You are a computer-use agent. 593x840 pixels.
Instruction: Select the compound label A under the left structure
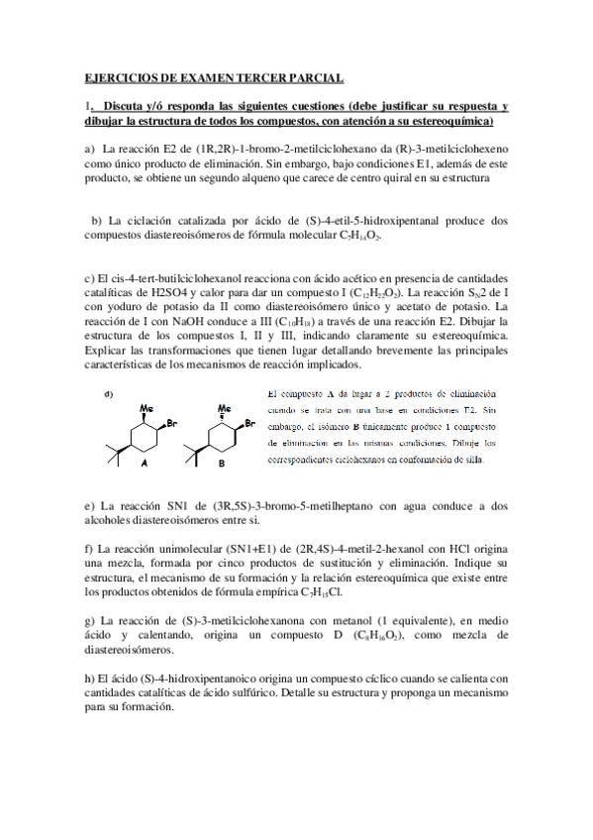tap(145, 462)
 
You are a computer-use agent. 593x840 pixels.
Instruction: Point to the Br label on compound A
tap(171, 424)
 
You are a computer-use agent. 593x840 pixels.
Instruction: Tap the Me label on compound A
tap(147, 407)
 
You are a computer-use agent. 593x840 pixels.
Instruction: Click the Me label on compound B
tap(224, 407)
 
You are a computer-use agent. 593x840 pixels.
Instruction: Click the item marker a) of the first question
tap(89, 148)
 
